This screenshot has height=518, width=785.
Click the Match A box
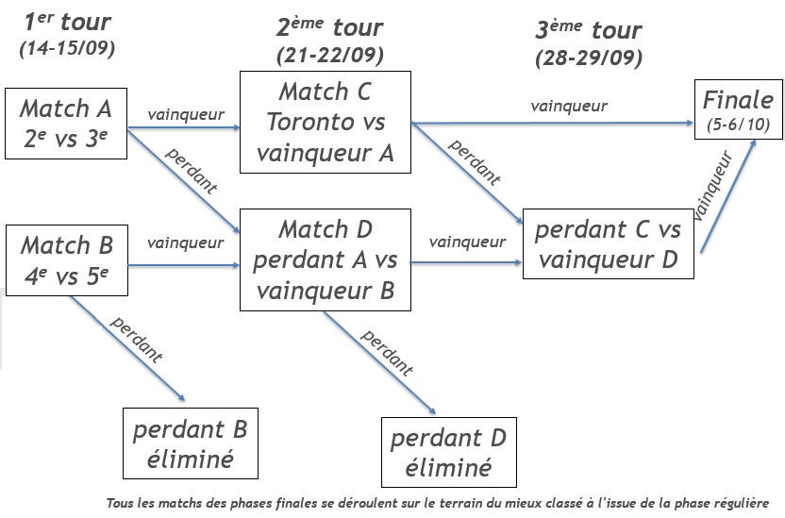(x=65, y=125)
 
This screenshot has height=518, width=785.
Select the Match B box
(x=66, y=259)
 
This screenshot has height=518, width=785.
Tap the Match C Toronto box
(x=326, y=124)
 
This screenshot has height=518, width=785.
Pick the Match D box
(x=326, y=259)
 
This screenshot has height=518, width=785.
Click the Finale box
(x=739, y=109)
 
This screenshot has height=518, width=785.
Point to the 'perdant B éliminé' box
(x=190, y=443)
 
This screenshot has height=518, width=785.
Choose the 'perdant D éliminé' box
(x=448, y=451)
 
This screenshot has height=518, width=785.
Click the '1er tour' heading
(x=66, y=22)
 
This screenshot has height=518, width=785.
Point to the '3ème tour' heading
(x=588, y=30)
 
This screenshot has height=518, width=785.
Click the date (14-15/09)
(x=66, y=48)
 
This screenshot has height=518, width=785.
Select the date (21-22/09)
(x=329, y=56)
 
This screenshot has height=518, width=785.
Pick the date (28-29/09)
(x=588, y=58)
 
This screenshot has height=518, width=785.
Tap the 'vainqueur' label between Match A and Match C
(x=186, y=114)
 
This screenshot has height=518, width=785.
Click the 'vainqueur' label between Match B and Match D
(x=186, y=242)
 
